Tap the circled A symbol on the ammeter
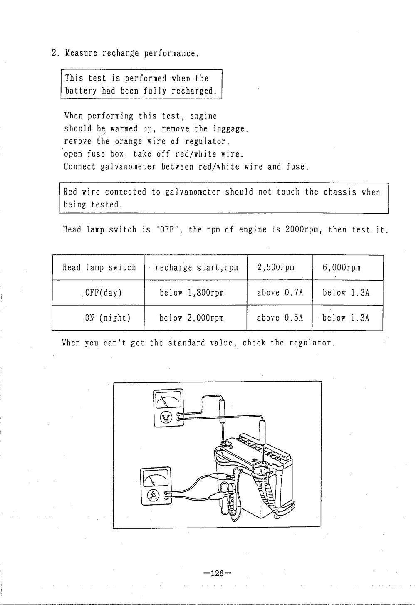point(154,495)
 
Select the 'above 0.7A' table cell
point(280,293)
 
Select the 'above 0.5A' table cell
point(280,318)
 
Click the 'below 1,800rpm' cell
point(191,293)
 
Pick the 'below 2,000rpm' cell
point(191,318)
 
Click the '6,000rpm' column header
point(341,267)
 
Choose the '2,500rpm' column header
point(276,267)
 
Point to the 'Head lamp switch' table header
point(99,267)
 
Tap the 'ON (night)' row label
point(107,318)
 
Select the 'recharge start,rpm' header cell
point(196,267)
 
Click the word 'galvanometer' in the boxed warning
point(193,192)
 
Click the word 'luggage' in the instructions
point(230,129)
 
